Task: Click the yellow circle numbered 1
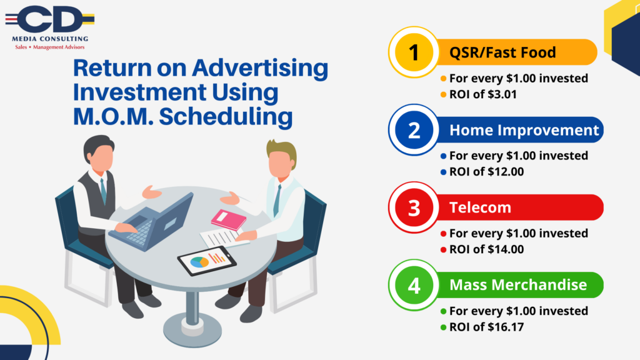[414, 52]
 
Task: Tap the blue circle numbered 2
[414, 130]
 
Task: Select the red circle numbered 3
[414, 207]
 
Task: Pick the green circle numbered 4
[414, 285]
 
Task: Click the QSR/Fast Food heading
[502, 52]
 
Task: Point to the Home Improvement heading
[524, 130]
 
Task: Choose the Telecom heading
[480, 207]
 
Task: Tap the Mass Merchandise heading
[518, 285]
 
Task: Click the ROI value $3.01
[502, 94]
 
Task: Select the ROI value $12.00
[505, 172]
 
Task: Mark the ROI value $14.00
[505, 249]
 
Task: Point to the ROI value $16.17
[505, 327]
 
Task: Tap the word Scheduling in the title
[226, 117]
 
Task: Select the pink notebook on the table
[229, 219]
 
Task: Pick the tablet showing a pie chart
[207, 261]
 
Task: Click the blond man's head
[282, 158]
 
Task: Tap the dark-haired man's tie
[104, 191]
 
